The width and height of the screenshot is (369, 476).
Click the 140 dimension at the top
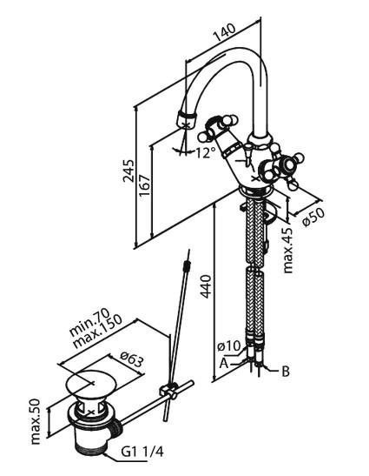[224, 32]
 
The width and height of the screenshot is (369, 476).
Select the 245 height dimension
[128, 171]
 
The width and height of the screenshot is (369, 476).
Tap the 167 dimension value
[145, 185]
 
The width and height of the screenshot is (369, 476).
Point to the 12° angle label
[205, 152]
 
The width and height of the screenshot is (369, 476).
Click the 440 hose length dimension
[206, 286]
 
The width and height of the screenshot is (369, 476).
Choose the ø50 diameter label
[313, 217]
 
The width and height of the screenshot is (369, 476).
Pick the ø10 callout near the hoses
[228, 345]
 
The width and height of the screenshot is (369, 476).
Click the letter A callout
[224, 363]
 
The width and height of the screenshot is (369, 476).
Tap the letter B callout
[286, 371]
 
